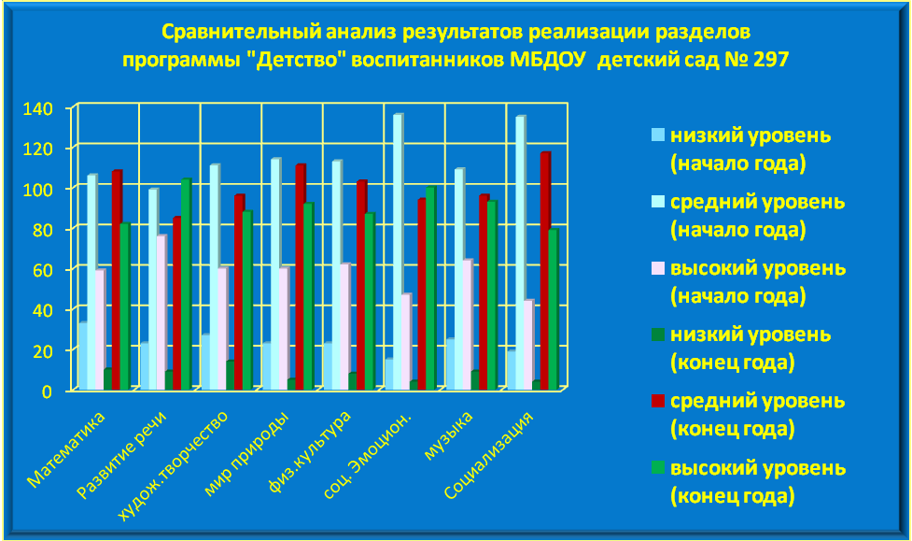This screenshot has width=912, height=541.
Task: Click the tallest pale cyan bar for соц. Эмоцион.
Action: (398, 251)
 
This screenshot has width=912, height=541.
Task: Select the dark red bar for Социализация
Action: (545, 271)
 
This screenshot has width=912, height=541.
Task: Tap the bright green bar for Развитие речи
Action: (186, 284)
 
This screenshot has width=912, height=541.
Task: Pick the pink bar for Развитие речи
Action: (161, 312)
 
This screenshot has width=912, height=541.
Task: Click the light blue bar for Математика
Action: (83, 356)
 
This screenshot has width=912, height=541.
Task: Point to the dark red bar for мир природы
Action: (301, 278)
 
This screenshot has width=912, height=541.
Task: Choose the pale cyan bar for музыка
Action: (459, 279)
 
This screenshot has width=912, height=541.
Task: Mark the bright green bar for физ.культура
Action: (370, 301)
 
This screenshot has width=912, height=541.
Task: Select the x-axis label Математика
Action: (66, 449)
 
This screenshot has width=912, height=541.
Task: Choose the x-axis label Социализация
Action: (488, 455)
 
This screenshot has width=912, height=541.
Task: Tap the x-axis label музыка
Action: (448, 435)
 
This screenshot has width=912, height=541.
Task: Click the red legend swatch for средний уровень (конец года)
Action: (658, 401)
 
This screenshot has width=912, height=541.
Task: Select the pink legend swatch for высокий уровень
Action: (658, 268)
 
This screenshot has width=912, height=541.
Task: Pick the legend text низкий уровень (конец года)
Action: (751, 349)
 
